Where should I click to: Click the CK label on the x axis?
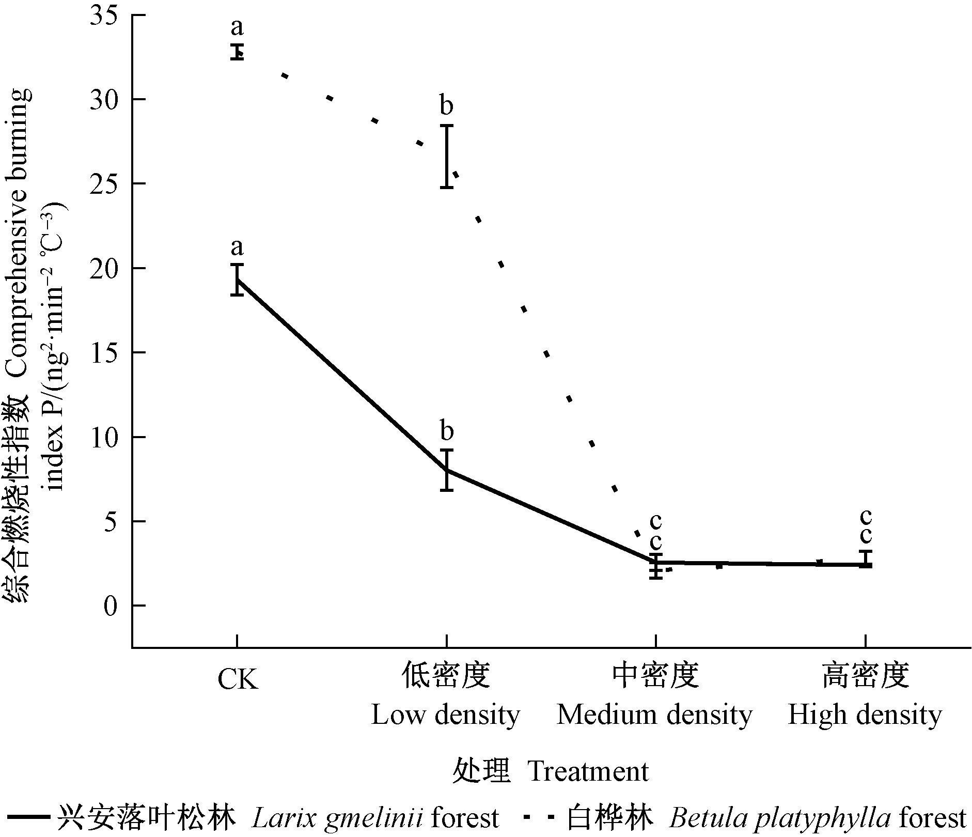coord(237,680)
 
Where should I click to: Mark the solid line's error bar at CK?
coord(237,280)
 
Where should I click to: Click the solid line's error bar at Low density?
coord(447,470)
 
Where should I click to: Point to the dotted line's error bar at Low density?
coord(447,156)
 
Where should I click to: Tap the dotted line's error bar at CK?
coord(237,52)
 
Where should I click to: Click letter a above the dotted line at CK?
coord(237,27)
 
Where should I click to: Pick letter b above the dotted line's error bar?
coord(446,106)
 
